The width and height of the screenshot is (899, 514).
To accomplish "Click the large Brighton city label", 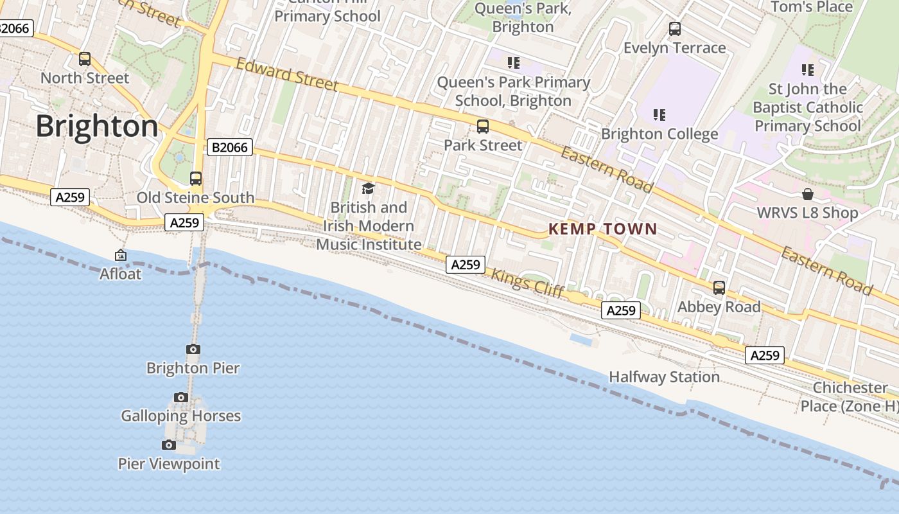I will (96, 126).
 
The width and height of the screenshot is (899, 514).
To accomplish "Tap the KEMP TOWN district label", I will (602, 229).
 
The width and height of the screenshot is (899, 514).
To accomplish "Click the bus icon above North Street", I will (85, 59).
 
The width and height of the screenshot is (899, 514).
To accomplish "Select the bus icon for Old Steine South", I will (196, 179).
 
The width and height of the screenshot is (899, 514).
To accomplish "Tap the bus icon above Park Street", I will (483, 127).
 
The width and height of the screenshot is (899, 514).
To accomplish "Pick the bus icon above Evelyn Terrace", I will (675, 29).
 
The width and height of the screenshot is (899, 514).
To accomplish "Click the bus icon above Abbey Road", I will (719, 288).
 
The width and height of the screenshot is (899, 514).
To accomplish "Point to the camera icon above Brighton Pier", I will (193, 350).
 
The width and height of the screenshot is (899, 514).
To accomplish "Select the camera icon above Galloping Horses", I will (181, 397).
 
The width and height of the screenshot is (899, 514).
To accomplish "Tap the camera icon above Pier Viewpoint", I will (169, 445).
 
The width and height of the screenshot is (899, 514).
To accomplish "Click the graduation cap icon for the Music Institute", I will (368, 188).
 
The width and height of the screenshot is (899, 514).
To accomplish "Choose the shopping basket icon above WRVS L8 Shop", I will (808, 194).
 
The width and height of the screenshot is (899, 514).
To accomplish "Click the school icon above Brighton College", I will (659, 115).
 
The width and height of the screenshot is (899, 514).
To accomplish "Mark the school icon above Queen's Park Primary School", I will (513, 63).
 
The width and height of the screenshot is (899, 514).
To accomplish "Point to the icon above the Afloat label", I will (120, 256).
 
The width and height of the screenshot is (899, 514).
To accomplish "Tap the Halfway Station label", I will (664, 377).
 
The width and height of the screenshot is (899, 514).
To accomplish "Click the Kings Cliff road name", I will (527, 283).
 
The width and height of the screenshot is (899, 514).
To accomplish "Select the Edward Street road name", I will (286, 74).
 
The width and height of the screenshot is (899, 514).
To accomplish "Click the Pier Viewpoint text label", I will (169, 463).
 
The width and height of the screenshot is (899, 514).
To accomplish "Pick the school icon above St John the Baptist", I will (808, 69).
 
